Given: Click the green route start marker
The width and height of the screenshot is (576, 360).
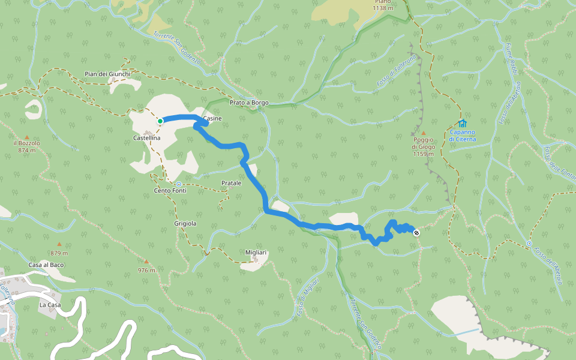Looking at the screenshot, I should (x=160, y=121).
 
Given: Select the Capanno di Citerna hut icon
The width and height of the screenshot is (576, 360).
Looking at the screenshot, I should (x=462, y=124).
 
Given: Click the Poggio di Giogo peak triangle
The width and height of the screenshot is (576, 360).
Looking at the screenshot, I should (x=423, y=133).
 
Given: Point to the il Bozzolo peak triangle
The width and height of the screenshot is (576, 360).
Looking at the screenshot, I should (x=26, y=137).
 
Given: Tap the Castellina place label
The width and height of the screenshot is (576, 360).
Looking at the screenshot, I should (x=146, y=138).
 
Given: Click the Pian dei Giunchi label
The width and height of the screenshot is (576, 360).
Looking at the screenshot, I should (x=107, y=74).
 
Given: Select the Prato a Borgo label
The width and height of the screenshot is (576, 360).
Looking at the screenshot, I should (x=249, y=103).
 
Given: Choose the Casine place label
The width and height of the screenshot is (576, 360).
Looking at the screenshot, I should (x=212, y=119).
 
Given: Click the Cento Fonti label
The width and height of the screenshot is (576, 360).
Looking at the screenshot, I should (x=170, y=191).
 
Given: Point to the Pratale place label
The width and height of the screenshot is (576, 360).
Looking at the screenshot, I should (x=231, y=182).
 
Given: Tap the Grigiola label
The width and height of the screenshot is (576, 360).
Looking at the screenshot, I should (x=185, y=223).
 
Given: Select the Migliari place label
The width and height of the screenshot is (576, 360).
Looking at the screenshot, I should (x=256, y=253).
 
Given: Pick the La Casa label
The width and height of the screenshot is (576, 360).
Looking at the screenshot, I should (x=50, y=305).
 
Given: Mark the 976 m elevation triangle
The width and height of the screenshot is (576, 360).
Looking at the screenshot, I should (x=146, y=261).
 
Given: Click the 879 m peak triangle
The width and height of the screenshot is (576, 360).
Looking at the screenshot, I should (x=59, y=244).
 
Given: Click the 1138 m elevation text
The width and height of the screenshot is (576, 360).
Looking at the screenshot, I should (x=382, y=8).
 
